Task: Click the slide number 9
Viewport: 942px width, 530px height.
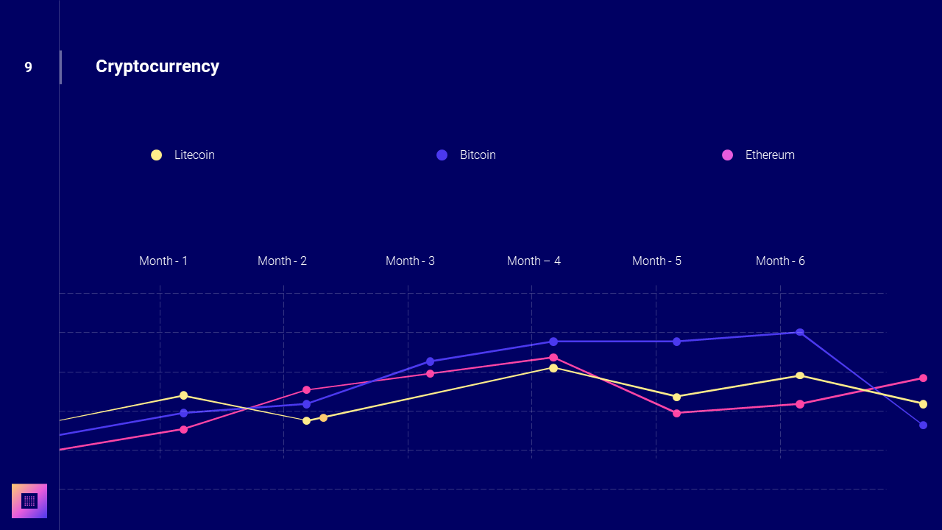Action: (28, 67)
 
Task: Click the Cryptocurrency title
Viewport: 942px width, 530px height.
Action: (157, 66)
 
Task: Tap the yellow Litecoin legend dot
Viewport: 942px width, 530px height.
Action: (156, 155)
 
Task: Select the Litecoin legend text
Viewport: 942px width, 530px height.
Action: (194, 155)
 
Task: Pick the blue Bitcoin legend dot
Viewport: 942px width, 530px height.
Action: (442, 155)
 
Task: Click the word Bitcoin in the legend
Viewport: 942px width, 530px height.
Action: (478, 155)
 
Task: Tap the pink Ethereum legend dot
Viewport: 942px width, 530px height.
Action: (727, 155)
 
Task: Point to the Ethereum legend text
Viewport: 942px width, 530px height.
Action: (770, 155)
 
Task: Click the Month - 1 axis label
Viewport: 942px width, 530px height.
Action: (163, 261)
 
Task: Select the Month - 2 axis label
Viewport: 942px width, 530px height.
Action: (282, 261)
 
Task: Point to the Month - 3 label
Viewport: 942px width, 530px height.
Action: (410, 261)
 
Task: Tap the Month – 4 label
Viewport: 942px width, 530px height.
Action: (534, 261)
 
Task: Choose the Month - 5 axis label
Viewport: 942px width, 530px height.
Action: (656, 261)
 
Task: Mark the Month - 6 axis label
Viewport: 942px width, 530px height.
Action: (780, 261)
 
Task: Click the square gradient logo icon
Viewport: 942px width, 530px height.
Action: (29, 501)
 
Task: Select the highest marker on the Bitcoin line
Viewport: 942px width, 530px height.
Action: (800, 332)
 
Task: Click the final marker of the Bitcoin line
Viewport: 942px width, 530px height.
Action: (923, 425)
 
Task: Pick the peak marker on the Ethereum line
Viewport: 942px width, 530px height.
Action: (553, 357)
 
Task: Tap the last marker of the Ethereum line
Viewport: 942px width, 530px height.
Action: (923, 378)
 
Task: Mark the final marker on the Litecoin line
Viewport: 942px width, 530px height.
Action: (923, 403)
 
